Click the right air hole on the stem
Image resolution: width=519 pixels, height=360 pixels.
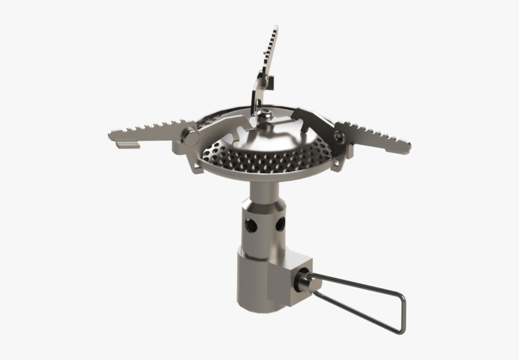pyautogui.click(x=279, y=224)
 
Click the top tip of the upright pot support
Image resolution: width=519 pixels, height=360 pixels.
pyautogui.click(x=275, y=28)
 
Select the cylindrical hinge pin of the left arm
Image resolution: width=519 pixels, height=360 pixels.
pyautogui.click(x=192, y=137)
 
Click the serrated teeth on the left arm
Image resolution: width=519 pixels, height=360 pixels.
pyautogui.click(x=151, y=128)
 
